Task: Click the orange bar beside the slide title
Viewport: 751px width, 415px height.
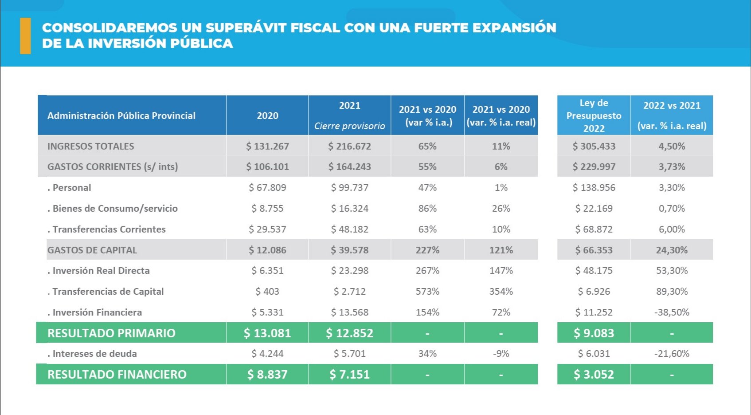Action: (25, 36)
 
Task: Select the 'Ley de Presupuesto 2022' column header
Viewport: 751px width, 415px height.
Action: (594, 115)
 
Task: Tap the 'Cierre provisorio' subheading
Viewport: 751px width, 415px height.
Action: (349, 126)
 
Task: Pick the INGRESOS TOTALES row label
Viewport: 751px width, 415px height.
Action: (90, 146)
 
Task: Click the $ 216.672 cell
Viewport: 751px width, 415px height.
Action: (349, 146)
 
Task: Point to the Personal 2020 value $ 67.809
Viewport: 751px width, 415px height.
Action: (267, 187)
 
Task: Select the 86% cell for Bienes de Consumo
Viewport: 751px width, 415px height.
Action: (427, 208)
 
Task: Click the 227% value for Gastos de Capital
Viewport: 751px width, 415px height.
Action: (427, 250)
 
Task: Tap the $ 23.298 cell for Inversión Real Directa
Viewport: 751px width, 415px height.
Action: (349, 270)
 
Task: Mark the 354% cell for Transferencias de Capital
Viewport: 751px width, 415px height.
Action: (501, 291)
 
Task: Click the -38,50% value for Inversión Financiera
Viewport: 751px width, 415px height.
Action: (672, 312)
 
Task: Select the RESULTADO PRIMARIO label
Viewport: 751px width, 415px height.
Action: (111, 333)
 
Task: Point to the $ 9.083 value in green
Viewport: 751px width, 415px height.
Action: (594, 333)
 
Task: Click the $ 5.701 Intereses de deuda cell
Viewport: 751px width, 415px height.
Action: (349, 353)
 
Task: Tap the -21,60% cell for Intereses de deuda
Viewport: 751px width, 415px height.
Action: (672, 353)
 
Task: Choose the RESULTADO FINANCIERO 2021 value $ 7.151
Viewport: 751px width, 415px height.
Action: (349, 374)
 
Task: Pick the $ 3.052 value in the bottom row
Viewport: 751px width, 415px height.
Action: (594, 374)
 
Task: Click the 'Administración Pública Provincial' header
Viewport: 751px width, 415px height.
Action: (121, 115)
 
